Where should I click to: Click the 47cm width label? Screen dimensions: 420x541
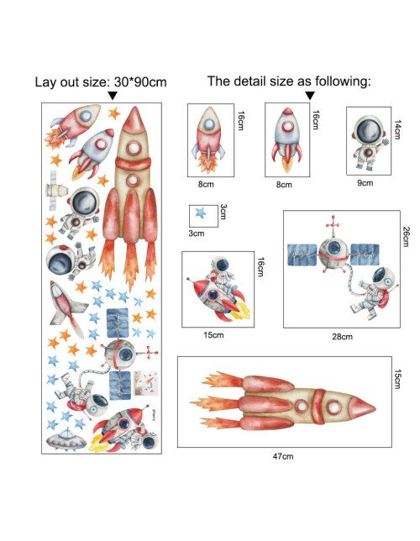coord(283,456)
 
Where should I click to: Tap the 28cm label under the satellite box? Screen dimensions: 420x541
coord(343,336)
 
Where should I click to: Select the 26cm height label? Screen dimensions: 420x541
coord(407,236)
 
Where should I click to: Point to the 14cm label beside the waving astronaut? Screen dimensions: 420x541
coord(397,129)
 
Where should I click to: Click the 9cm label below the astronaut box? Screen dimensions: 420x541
coord(365,183)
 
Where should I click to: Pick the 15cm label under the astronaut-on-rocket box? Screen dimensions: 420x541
coord(213,334)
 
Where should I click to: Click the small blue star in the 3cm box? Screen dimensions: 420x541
coord(201,213)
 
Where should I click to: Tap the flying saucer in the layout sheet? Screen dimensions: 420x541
coord(66,440)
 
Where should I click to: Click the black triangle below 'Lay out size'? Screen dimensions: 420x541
coord(113,96)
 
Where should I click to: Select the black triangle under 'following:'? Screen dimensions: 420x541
coord(310,96)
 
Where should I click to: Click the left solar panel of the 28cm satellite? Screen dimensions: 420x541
coord(302,255)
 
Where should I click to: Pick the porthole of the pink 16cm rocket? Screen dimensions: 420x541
coord(209,124)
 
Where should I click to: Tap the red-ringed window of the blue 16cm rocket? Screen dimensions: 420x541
coord(287,127)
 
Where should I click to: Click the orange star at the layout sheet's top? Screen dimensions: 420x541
coord(114,113)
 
